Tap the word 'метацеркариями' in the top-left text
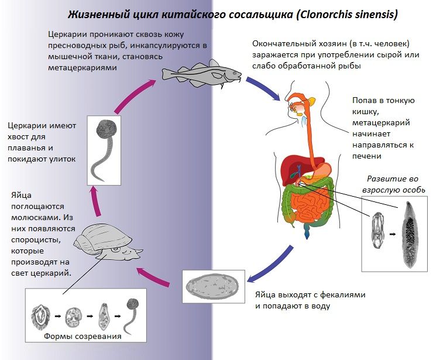[x=83, y=67]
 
